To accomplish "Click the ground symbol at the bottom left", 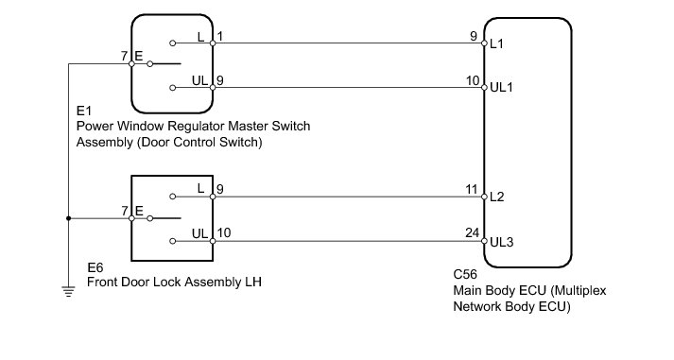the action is pyautogui.click(x=68, y=291).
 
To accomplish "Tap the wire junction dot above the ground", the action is pyautogui.click(x=68, y=218).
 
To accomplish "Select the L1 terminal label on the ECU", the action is pyautogui.click(x=496, y=43).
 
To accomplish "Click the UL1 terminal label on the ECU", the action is pyautogui.click(x=502, y=87).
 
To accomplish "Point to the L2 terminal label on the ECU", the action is pyautogui.click(x=497, y=197).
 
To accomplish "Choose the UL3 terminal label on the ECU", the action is pyautogui.click(x=502, y=242).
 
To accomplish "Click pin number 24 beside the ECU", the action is pyautogui.click(x=472, y=232).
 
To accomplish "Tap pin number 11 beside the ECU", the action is pyautogui.click(x=472, y=189).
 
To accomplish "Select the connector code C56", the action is pyautogui.click(x=465, y=274).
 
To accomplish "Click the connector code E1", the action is pyautogui.click(x=84, y=111).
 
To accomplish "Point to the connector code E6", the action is pyautogui.click(x=95, y=267).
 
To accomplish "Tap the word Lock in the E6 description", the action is pyautogui.click(x=171, y=282).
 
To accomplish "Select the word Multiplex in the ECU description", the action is pyautogui.click(x=579, y=291).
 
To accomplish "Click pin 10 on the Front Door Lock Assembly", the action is pyautogui.click(x=224, y=232).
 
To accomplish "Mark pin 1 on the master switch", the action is pyautogui.click(x=220, y=37).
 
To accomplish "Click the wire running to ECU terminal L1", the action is pyautogui.click(x=348, y=43).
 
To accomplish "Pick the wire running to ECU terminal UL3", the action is pyautogui.click(x=348, y=241).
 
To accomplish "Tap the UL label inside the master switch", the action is pyautogui.click(x=199, y=80).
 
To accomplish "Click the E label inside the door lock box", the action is pyautogui.click(x=139, y=211).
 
